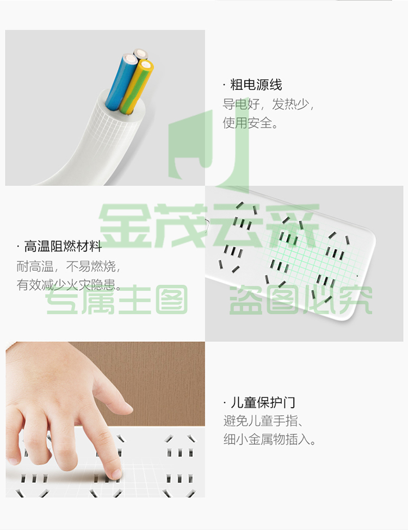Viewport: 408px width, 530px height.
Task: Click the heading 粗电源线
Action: coord(256,84)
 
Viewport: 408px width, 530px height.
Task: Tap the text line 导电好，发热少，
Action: coord(269,104)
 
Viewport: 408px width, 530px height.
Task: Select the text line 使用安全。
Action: coord(250,123)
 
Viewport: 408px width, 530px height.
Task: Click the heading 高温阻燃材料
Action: coord(63,246)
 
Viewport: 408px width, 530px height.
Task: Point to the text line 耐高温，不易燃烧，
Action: coord(69,266)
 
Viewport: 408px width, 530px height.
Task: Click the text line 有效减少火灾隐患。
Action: coord(69,285)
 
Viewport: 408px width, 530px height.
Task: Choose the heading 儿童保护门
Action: coord(263,403)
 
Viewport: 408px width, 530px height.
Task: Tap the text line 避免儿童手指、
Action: coord(263,421)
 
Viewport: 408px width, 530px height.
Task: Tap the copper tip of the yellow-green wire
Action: coord(146,65)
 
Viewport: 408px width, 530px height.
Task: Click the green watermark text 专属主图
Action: coord(116,300)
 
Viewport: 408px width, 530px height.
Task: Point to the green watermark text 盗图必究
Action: coord(301,300)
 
